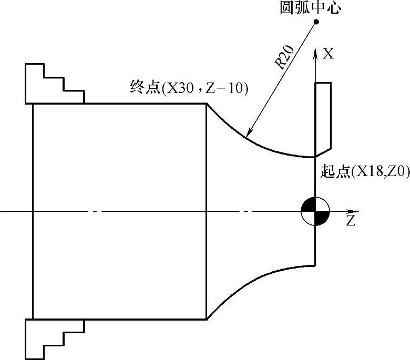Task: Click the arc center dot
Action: pyautogui.click(x=316, y=22)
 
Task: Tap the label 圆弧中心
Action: pyautogui.click(x=310, y=8)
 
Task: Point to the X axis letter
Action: pyautogui.click(x=329, y=54)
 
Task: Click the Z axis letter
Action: pyautogui.click(x=351, y=220)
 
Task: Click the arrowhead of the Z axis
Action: pyautogui.click(x=351, y=212)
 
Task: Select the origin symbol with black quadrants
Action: pyautogui.click(x=314, y=212)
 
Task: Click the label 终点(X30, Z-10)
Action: pyautogui.click(x=189, y=87)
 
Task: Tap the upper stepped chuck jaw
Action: pyautogui.click(x=53, y=84)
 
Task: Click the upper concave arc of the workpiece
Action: pyautogui.click(x=247, y=138)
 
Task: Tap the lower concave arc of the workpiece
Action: pyautogui.click(x=247, y=285)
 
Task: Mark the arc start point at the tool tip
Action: pyautogui.click(x=314, y=157)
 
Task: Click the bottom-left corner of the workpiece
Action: pyautogui.click(x=33, y=319)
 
